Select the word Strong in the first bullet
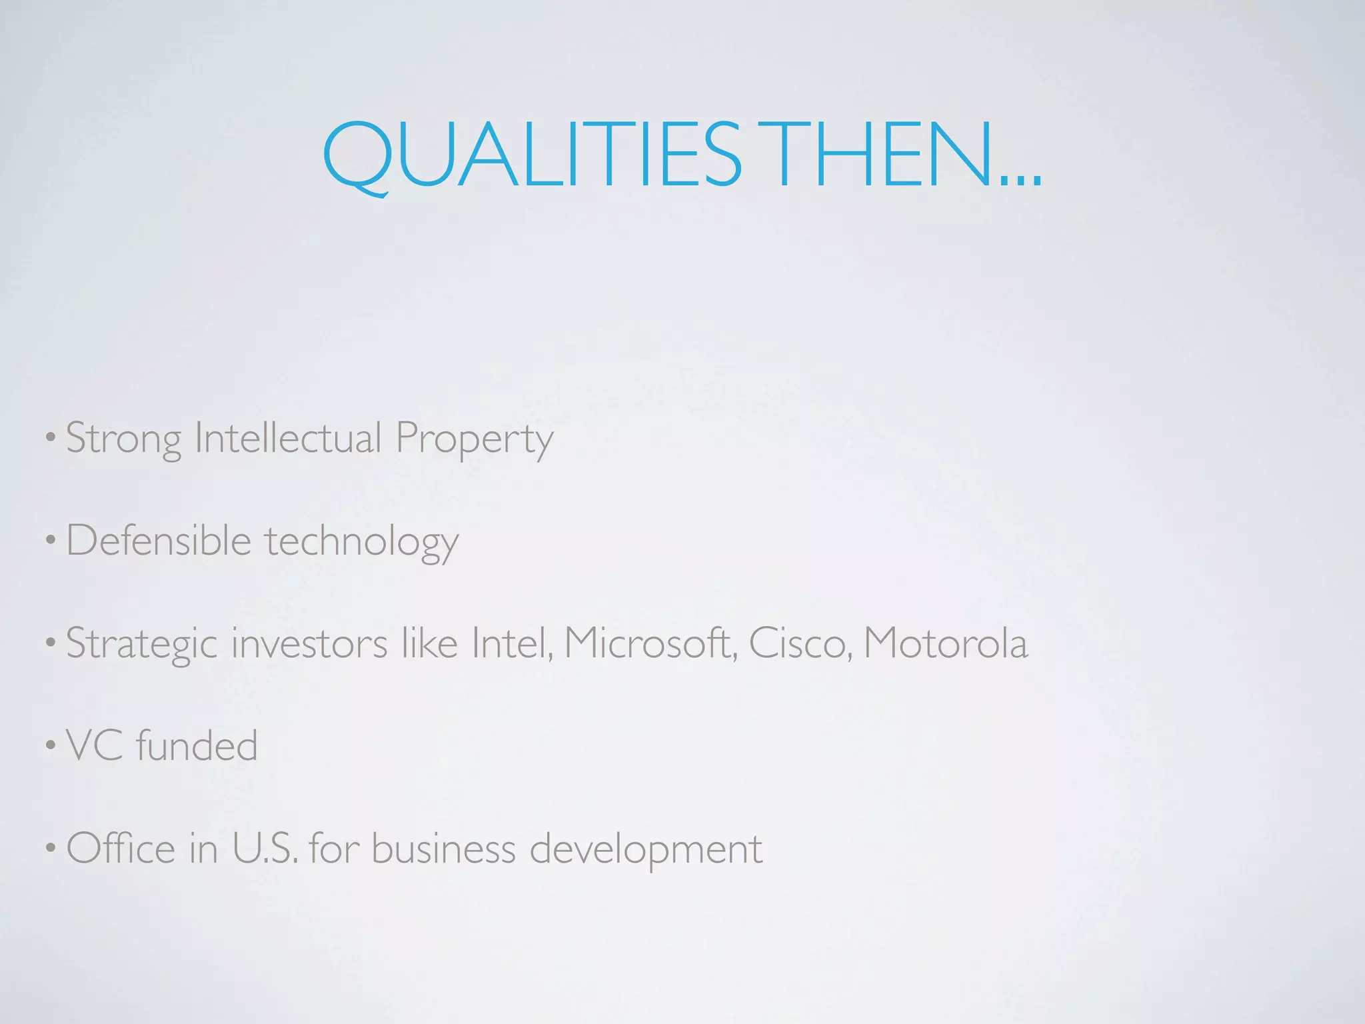pyautogui.click(x=123, y=439)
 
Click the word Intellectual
pyautogui.click(x=287, y=438)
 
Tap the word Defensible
pyautogui.click(x=159, y=540)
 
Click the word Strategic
pyautogui.click(x=142, y=645)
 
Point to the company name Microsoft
pyautogui.click(x=651, y=643)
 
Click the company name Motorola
pyautogui.click(x=946, y=643)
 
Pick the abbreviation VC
pyautogui.click(x=95, y=745)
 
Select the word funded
pyautogui.click(x=197, y=745)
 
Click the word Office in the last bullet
pyautogui.click(x=121, y=848)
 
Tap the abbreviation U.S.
pyautogui.click(x=265, y=848)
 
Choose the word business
pyautogui.click(x=443, y=848)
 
